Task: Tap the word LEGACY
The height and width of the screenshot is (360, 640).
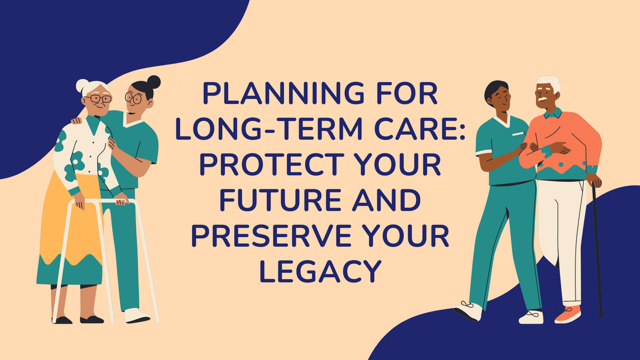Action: tap(319, 271)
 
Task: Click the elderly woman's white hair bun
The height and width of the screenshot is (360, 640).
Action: tap(83, 85)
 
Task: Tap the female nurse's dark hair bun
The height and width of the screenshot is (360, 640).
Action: tap(154, 82)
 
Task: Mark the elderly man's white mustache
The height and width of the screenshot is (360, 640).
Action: tap(542, 100)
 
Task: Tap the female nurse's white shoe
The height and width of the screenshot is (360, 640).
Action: tap(137, 315)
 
